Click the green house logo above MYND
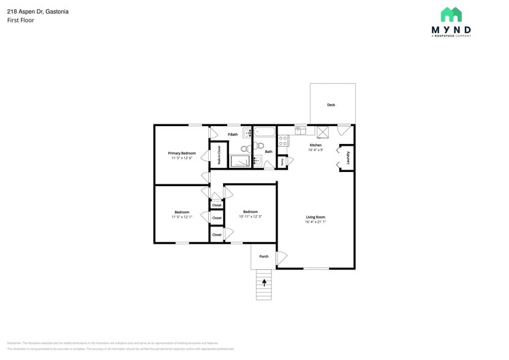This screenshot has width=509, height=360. (451, 15)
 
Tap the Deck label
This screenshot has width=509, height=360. (331, 105)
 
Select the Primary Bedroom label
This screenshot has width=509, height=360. (182, 153)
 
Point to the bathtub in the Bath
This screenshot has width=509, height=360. (265, 132)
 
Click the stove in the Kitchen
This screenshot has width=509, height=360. (283, 141)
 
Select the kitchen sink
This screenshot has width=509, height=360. (300, 130)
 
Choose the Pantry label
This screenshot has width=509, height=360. (282, 162)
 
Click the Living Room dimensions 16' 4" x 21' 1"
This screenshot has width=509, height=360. (315, 222)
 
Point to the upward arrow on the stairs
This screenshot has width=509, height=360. (264, 282)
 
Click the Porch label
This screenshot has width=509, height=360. (263, 257)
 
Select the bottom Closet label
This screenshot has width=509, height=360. (217, 234)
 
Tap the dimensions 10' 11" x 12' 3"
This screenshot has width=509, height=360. (250, 216)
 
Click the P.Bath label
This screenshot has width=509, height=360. (232, 134)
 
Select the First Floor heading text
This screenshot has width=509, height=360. (20, 20)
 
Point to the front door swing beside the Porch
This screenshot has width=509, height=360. (281, 258)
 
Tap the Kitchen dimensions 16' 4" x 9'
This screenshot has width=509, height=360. (315, 149)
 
